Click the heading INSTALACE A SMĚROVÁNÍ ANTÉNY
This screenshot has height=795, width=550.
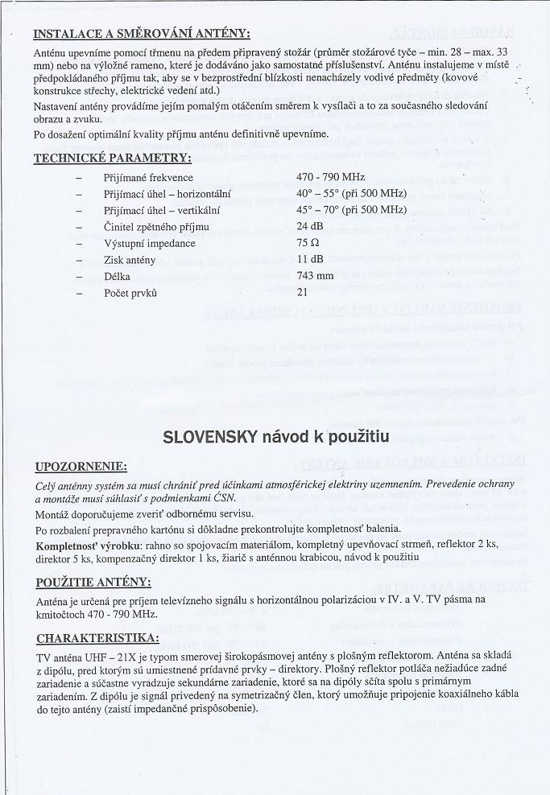(143, 34)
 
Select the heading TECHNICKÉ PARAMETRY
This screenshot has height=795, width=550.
(112, 158)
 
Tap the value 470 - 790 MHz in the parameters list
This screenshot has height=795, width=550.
(330, 177)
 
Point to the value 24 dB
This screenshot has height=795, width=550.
(309, 227)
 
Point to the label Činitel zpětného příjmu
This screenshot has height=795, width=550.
(157, 227)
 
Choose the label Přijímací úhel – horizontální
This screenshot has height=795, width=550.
(167, 194)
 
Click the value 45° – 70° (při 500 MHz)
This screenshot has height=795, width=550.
(351, 210)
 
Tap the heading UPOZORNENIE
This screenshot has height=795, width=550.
(81, 467)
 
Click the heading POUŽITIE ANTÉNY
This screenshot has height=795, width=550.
(93, 583)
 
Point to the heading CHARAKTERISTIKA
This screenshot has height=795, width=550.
(97, 639)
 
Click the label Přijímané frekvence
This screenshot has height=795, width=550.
(149, 177)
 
